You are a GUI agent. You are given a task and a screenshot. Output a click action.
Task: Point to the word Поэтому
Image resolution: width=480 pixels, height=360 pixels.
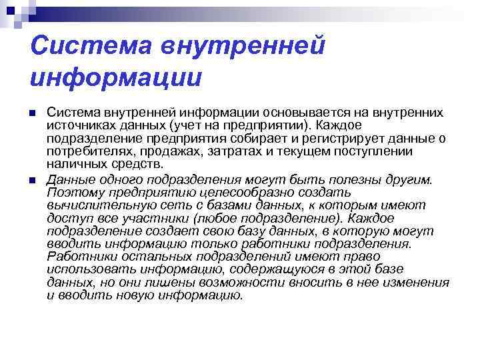point(73,193)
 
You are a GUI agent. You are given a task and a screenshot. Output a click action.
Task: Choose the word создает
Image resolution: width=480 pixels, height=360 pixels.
point(182,231)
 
